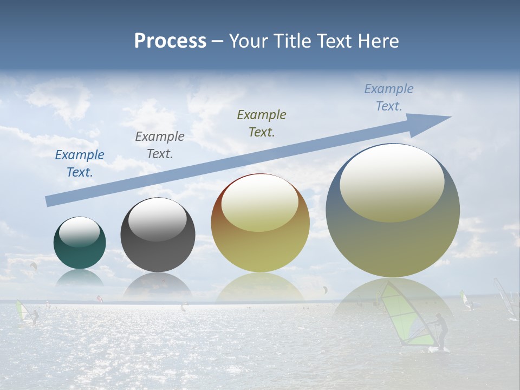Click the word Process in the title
[170, 41]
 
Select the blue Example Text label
[80, 164]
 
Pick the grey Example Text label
[160, 145]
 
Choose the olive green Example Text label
[262, 123]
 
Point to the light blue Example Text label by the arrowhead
[388, 97]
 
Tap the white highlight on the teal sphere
[79, 232]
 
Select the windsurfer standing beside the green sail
[441, 331]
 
